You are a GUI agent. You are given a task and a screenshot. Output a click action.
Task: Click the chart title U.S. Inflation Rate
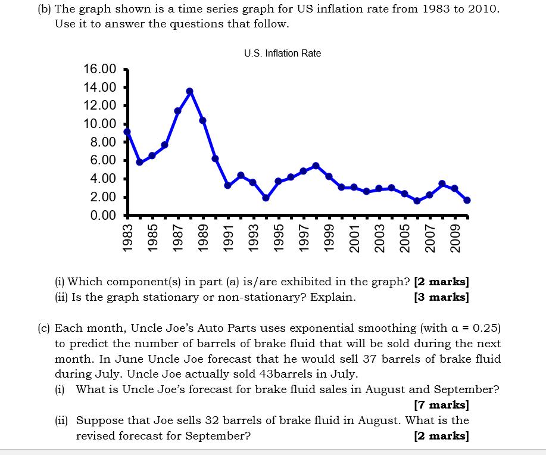[x=282, y=54]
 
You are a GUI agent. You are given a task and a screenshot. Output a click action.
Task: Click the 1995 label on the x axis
[x=278, y=236]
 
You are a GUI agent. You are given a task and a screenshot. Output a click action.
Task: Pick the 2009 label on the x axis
[x=455, y=236]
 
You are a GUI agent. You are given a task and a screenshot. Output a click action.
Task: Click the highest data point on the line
[x=189, y=91]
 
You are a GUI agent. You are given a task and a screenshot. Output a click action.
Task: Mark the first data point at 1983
[x=127, y=132]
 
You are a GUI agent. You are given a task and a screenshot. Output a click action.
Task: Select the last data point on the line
[x=467, y=200]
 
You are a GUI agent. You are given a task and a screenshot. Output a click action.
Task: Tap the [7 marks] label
[x=441, y=406]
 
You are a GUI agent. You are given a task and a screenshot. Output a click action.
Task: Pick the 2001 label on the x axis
[x=354, y=236]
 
